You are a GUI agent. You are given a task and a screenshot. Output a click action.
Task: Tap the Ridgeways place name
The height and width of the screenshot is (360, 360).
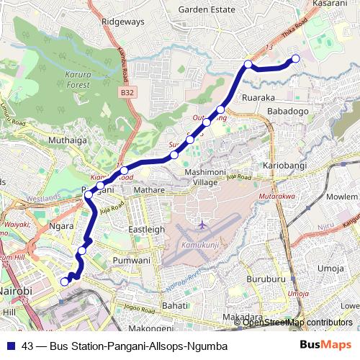122,22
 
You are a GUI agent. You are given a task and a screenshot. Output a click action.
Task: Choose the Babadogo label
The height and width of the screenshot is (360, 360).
287,112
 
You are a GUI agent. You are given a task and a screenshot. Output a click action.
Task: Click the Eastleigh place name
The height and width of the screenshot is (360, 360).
146,229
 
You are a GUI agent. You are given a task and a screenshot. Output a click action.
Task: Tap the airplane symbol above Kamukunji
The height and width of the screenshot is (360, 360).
202,226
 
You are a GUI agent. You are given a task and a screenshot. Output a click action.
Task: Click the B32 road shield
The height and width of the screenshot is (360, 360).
127,94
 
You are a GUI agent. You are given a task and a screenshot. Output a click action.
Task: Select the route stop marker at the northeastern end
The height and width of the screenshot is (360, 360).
294,59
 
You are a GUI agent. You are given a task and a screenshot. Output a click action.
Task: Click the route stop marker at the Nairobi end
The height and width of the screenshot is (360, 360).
64,282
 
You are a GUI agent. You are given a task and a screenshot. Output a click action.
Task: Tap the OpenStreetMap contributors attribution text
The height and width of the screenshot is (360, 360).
297,322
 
